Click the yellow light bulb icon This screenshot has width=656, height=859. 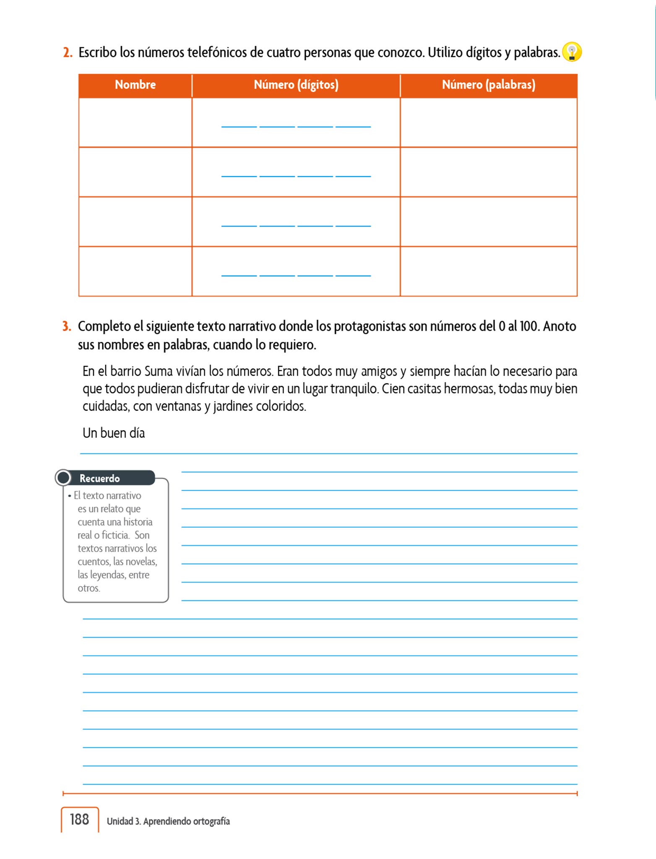click(572, 52)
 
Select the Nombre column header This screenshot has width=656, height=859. click(135, 85)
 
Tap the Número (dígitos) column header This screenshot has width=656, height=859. click(296, 85)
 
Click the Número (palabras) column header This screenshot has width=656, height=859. click(488, 85)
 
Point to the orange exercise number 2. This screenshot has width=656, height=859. click(68, 53)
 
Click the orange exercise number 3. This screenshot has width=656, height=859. click(67, 326)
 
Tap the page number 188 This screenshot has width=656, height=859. click(79, 819)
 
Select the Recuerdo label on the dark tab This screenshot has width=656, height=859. click(100, 478)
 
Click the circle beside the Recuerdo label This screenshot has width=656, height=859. click(63, 478)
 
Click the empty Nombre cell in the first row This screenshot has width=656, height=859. click(135, 122)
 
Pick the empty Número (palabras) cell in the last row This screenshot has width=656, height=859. click(488, 271)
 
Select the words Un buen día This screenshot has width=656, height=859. click(114, 433)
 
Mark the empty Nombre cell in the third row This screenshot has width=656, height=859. click(135, 221)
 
